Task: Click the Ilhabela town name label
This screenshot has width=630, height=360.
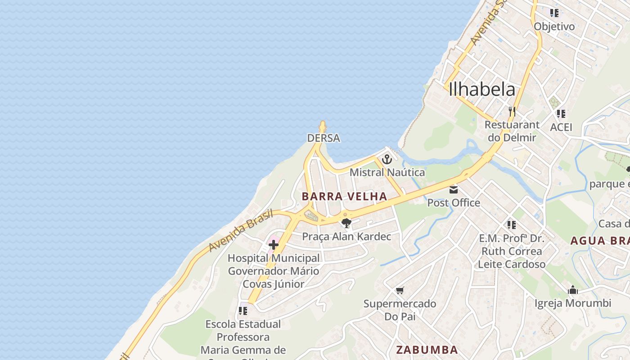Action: pyautogui.click(x=482, y=89)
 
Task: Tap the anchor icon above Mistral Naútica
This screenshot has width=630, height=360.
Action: pyautogui.click(x=387, y=159)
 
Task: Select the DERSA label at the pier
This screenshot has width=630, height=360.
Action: pyautogui.click(x=324, y=138)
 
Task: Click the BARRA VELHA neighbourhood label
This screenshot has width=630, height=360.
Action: pyautogui.click(x=344, y=196)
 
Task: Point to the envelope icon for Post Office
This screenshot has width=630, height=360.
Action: pyautogui.click(x=454, y=190)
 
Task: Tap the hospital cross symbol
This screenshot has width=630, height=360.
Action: pyautogui.click(x=274, y=245)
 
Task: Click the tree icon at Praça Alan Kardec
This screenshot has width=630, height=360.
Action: pyautogui.click(x=346, y=223)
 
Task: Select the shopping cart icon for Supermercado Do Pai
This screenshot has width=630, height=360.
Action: pyautogui.click(x=400, y=291)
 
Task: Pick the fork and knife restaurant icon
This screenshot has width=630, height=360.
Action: pyautogui.click(x=512, y=111)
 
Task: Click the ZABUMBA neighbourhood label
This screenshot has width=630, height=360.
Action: pyautogui.click(x=427, y=350)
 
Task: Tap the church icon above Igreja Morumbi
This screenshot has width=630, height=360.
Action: pyautogui.click(x=573, y=290)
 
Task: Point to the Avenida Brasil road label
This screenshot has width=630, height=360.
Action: pyautogui.click(x=241, y=230)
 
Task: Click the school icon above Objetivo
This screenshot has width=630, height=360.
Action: pyautogui.click(x=554, y=13)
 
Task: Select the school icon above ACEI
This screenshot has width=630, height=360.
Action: pyautogui.click(x=561, y=114)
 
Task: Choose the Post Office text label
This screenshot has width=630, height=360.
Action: pyautogui.click(x=454, y=203)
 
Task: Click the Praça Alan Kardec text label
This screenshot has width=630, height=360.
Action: pyautogui.click(x=346, y=237)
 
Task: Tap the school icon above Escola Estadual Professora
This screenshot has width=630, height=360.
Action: pyautogui.click(x=243, y=311)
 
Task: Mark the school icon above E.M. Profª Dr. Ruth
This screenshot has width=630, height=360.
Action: pyautogui.click(x=511, y=225)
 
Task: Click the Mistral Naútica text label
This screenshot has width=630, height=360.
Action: pyautogui.click(x=387, y=172)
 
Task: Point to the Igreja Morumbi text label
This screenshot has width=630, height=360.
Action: pyautogui.click(x=573, y=303)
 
